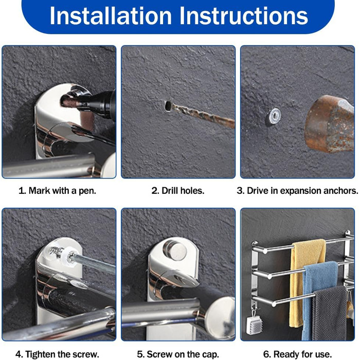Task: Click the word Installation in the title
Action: coord(111,15)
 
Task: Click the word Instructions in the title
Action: coord(244,15)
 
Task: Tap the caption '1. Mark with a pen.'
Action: coord(57,191)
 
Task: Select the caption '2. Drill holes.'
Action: coord(178,191)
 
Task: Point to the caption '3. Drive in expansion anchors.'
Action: coord(297,191)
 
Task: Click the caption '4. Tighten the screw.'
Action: coord(57,354)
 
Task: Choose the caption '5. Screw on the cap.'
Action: coord(178,354)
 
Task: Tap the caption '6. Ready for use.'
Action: coord(297,354)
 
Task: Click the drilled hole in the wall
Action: coord(168,106)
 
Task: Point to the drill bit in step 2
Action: coord(203,116)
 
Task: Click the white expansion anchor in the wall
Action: coord(274,116)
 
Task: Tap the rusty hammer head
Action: coord(330,123)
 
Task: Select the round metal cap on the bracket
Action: coord(175,250)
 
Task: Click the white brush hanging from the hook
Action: coord(255,325)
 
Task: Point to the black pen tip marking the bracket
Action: coord(69,101)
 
